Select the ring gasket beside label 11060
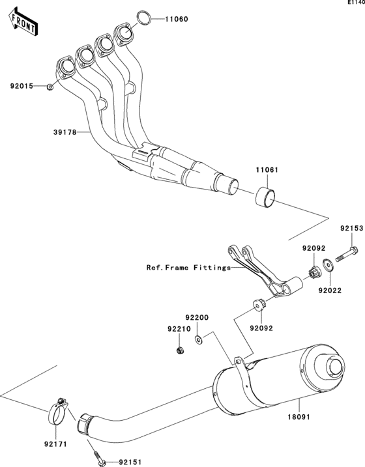pyautogui.click(x=146, y=18)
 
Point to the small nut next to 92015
pyautogui.click(x=50, y=86)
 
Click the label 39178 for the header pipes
pyautogui.click(x=65, y=132)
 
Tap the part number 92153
pyautogui.click(x=349, y=229)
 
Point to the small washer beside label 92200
pyautogui.click(x=199, y=338)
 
